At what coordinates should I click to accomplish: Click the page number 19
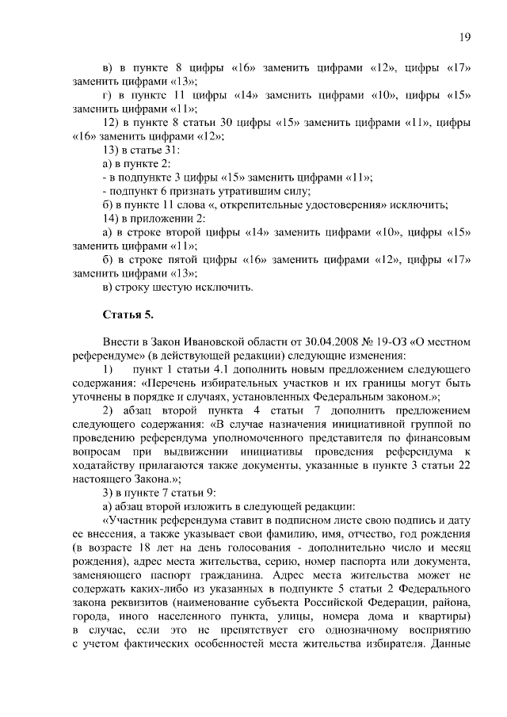click(x=465, y=37)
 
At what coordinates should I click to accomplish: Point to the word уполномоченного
click(x=240, y=438)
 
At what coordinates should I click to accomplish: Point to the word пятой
click(x=195, y=259)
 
